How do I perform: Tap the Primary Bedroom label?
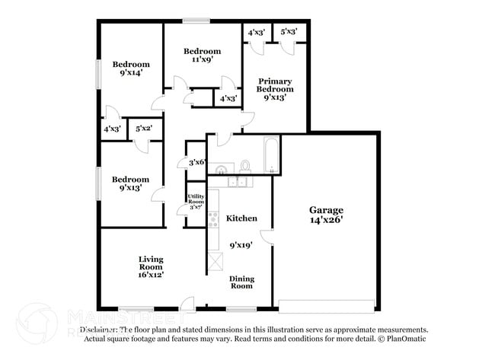tap(275, 89)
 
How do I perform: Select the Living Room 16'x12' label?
tap(151, 266)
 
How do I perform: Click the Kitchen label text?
tap(241, 218)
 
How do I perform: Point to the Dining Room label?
tap(241, 282)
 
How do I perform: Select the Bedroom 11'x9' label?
tap(202, 55)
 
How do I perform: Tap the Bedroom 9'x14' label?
tap(131, 69)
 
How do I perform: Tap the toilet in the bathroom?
tap(245, 165)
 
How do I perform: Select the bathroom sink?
tap(221, 168)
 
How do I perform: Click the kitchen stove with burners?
tap(213, 219)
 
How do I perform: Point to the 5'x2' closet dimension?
tap(143, 129)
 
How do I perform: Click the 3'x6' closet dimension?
tap(196, 162)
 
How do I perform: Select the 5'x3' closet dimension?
tap(289, 32)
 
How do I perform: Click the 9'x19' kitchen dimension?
tap(241, 245)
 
